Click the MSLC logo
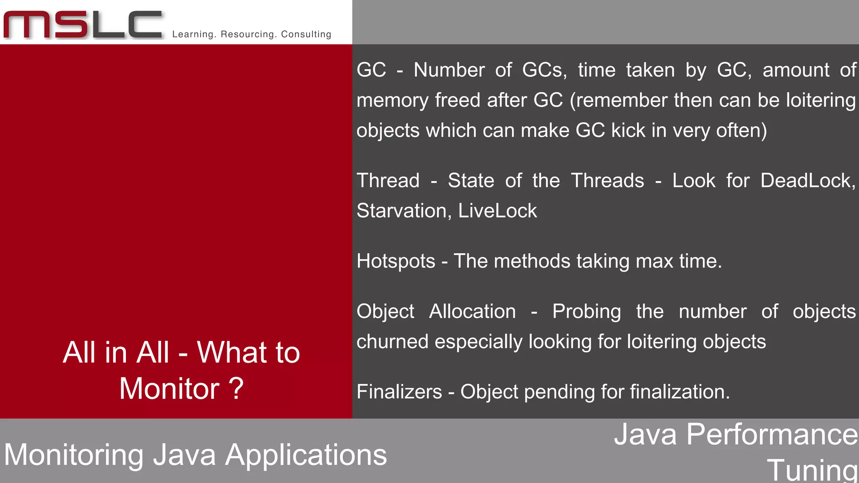pyautogui.click(x=83, y=25)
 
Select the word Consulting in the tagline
pyautogui.click(x=306, y=34)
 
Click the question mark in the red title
pyautogui.click(x=236, y=388)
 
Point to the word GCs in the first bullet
pyautogui.click(x=544, y=70)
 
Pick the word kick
pyautogui.click(x=628, y=131)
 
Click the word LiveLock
pyautogui.click(x=497, y=211)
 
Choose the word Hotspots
pyautogui.click(x=396, y=262)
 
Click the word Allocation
pyautogui.click(x=472, y=312)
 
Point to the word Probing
pyautogui.click(x=586, y=312)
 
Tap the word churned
pyautogui.click(x=393, y=342)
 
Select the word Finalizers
pyautogui.click(x=399, y=392)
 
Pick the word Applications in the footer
pyautogui.click(x=306, y=455)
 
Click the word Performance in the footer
pyautogui.click(x=772, y=434)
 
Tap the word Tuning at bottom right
pyautogui.click(x=812, y=470)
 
